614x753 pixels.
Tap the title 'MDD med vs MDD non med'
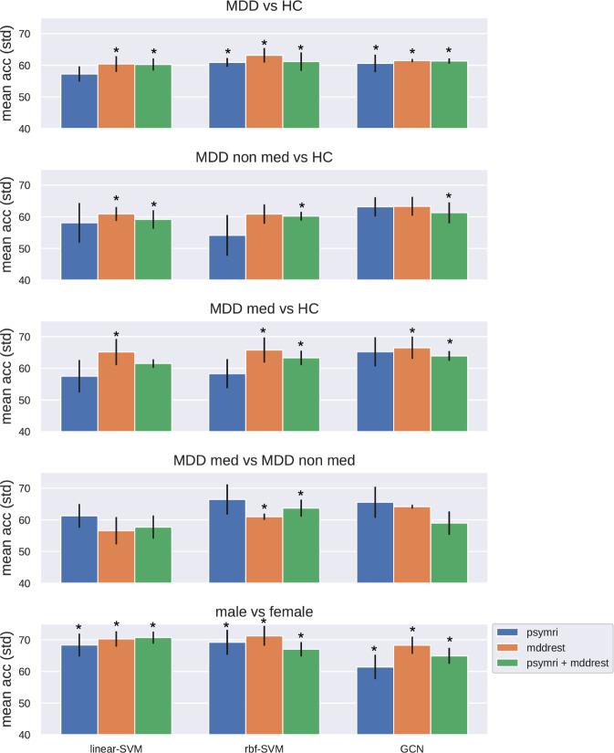pyautogui.click(x=265, y=461)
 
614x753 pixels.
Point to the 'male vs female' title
pyautogui.click(x=265, y=612)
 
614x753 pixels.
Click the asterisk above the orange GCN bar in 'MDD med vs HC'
pyautogui.click(x=411, y=331)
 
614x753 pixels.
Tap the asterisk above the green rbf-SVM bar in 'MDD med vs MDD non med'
pyautogui.click(x=301, y=494)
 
